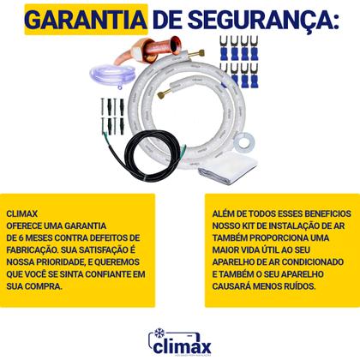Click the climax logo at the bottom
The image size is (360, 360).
179,342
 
